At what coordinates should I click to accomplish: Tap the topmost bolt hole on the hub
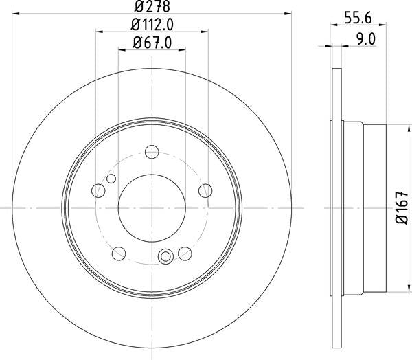pos(152,152)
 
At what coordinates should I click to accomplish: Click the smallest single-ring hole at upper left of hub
pos(110,180)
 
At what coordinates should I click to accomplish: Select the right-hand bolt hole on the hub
pos(204,190)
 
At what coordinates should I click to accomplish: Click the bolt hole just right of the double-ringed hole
pos(183,251)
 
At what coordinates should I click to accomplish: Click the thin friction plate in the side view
pos(336,207)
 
